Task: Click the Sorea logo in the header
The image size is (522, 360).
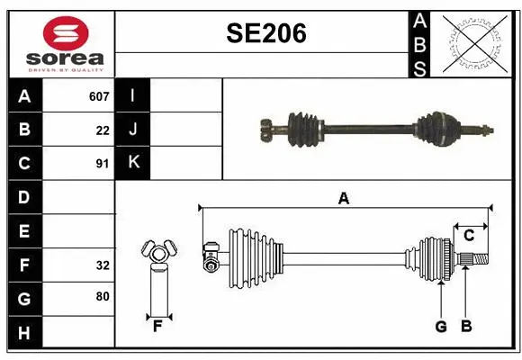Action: click(x=61, y=43)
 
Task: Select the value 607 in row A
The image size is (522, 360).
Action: click(x=99, y=96)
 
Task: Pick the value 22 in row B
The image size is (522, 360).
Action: click(x=102, y=130)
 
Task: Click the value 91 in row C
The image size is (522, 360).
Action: click(x=102, y=164)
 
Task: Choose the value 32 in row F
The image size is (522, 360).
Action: click(x=102, y=265)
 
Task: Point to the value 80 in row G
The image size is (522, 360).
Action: click(x=102, y=296)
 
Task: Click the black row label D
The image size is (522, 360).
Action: click(x=24, y=196)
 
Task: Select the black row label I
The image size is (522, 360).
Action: click(x=133, y=96)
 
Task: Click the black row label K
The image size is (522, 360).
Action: click(x=133, y=163)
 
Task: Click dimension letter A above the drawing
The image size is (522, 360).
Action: click(x=343, y=198)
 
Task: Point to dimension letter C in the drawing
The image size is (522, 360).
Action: click(x=469, y=236)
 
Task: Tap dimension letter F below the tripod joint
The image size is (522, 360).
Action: click(x=157, y=326)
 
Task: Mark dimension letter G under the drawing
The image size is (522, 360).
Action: click(x=441, y=326)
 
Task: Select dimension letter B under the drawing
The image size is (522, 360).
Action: click(x=465, y=326)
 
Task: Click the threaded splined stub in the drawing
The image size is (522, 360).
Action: click(x=473, y=260)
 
